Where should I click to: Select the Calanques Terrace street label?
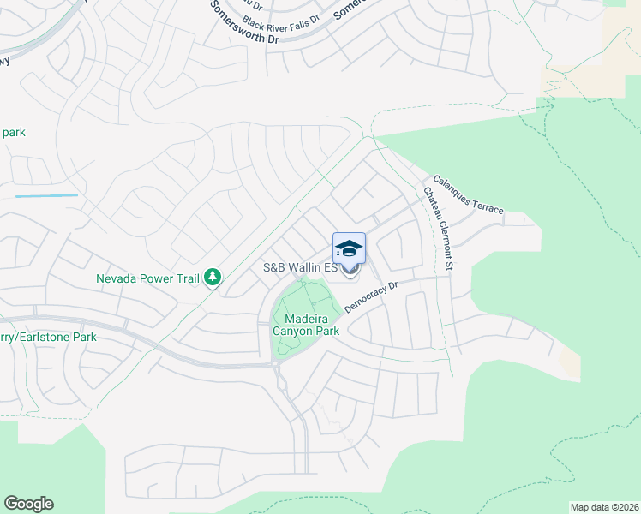pyautogui.click(x=468, y=194)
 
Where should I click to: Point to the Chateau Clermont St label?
pyautogui.click(x=437, y=227)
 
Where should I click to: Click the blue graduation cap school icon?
pyautogui.click(x=349, y=248)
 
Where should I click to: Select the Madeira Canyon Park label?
pyautogui.click(x=306, y=325)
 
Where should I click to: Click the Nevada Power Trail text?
pyautogui.click(x=147, y=278)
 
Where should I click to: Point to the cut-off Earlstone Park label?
pyautogui.click(x=48, y=337)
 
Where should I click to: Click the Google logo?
pyautogui.click(x=28, y=504)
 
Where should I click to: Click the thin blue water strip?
pyautogui.click(x=46, y=196)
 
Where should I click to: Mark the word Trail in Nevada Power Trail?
pyautogui.click(x=187, y=278)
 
